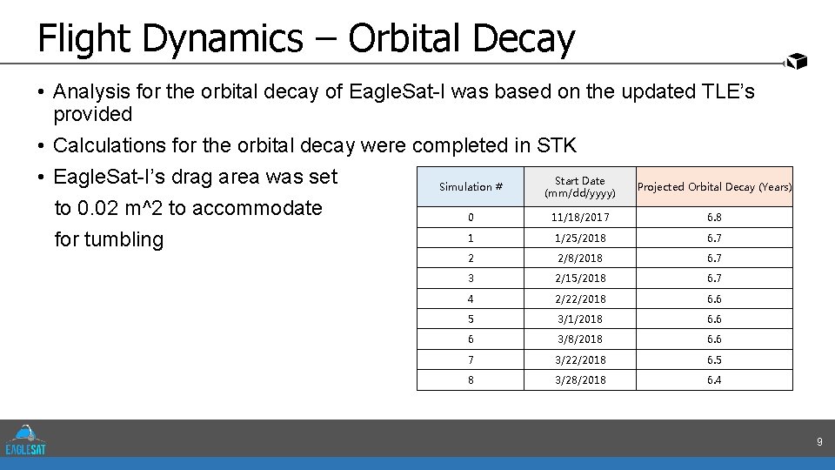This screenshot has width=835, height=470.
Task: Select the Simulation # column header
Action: (471, 186)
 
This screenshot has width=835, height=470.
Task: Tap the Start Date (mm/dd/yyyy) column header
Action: (579, 186)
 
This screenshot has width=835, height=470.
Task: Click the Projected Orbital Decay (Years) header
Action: (714, 186)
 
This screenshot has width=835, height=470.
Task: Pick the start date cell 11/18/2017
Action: (579, 218)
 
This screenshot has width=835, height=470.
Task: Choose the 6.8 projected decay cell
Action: (714, 218)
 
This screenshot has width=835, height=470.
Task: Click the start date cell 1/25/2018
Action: (579, 238)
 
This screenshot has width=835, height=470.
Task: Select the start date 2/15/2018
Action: (579, 279)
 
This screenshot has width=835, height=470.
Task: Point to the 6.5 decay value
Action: (714, 359)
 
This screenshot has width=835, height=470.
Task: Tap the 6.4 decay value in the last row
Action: (714, 380)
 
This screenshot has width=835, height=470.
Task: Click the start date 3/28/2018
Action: (579, 380)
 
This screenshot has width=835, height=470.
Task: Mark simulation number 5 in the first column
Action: (471, 319)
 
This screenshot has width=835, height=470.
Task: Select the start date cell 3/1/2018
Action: (579, 319)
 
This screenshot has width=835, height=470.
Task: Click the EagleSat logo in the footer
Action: (26, 440)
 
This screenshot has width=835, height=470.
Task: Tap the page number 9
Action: (818, 443)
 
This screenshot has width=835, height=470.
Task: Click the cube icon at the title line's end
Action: (797, 60)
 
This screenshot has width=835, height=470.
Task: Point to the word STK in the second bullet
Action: (558, 145)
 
